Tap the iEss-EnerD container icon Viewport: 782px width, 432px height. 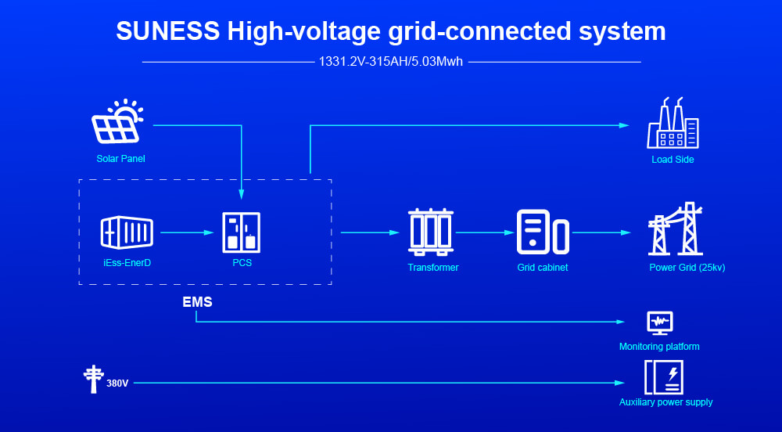pos(127,232)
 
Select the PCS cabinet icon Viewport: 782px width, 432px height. pos(242,232)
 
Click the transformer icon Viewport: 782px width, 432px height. pos(431,232)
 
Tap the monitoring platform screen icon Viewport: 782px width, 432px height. pos(659,322)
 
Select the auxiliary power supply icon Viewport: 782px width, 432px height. pos(663,377)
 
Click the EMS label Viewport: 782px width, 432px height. pos(197,301)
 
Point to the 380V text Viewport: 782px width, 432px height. pos(117,383)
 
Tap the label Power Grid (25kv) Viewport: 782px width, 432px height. pos(687,268)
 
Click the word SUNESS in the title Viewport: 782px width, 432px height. pos(167,31)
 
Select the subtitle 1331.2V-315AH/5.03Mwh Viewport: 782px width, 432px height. pos(391,62)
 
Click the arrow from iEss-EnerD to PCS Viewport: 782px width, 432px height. pos(188,232)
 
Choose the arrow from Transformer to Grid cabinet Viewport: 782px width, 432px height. pos(483,232)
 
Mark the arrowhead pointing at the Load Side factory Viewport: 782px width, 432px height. pos(624,125)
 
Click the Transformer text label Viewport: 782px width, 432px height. pos(432,268)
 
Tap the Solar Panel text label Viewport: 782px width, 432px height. pos(120,159)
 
